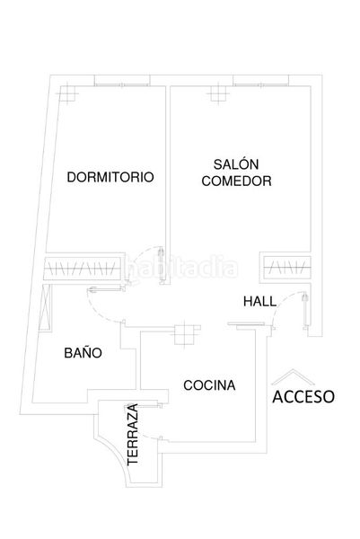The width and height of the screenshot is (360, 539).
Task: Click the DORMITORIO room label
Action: point(110,177)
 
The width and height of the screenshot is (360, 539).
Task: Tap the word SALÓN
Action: point(236,164)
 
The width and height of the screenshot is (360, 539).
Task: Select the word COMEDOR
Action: point(236,181)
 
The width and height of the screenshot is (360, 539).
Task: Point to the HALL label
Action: point(259,302)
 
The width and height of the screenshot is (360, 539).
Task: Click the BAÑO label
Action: point(83,352)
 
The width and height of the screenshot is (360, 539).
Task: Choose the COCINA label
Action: point(209,385)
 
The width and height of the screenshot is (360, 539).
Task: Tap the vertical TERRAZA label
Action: point(133,435)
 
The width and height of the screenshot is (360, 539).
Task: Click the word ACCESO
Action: point(303,397)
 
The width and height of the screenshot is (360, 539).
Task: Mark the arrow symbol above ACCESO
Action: point(293,376)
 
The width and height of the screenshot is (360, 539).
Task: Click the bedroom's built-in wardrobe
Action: point(83,268)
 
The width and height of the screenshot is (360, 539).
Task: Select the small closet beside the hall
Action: point(287,267)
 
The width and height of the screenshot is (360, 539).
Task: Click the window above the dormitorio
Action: point(122,84)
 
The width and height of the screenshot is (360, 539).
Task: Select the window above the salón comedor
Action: point(260,84)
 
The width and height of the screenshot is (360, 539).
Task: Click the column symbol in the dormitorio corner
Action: point(69,93)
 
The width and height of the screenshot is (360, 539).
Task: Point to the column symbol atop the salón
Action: point(218,93)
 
